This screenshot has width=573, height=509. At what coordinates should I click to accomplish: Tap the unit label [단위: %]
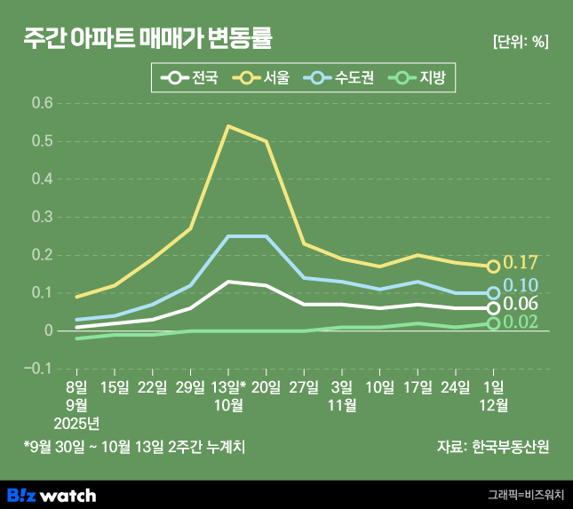(x=520, y=42)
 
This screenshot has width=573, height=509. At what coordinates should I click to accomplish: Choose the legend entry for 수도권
(x=341, y=78)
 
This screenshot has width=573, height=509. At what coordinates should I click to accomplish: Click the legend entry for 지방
(x=424, y=78)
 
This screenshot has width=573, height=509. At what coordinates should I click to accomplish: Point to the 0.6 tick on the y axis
(x=42, y=103)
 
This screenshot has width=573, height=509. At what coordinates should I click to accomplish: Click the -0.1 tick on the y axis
(x=39, y=368)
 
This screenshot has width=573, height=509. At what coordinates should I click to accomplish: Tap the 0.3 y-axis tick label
(x=42, y=217)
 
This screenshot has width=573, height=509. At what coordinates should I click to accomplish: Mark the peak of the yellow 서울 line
(x=228, y=126)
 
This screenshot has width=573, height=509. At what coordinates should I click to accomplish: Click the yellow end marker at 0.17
(x=494, y=266)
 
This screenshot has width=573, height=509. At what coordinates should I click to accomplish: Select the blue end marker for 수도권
(x=494, y=292)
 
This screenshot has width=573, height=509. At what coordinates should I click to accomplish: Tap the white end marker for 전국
(x=494, y=308)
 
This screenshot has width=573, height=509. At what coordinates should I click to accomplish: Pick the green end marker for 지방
(x=494, y=323)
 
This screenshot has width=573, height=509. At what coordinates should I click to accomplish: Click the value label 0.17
(x=521, y=262)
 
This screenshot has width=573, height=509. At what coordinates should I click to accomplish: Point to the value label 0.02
(x=521, y=322)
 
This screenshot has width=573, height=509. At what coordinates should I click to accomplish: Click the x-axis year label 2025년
(x=76, y=422)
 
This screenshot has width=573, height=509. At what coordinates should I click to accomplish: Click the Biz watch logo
(x=52, y=494)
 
